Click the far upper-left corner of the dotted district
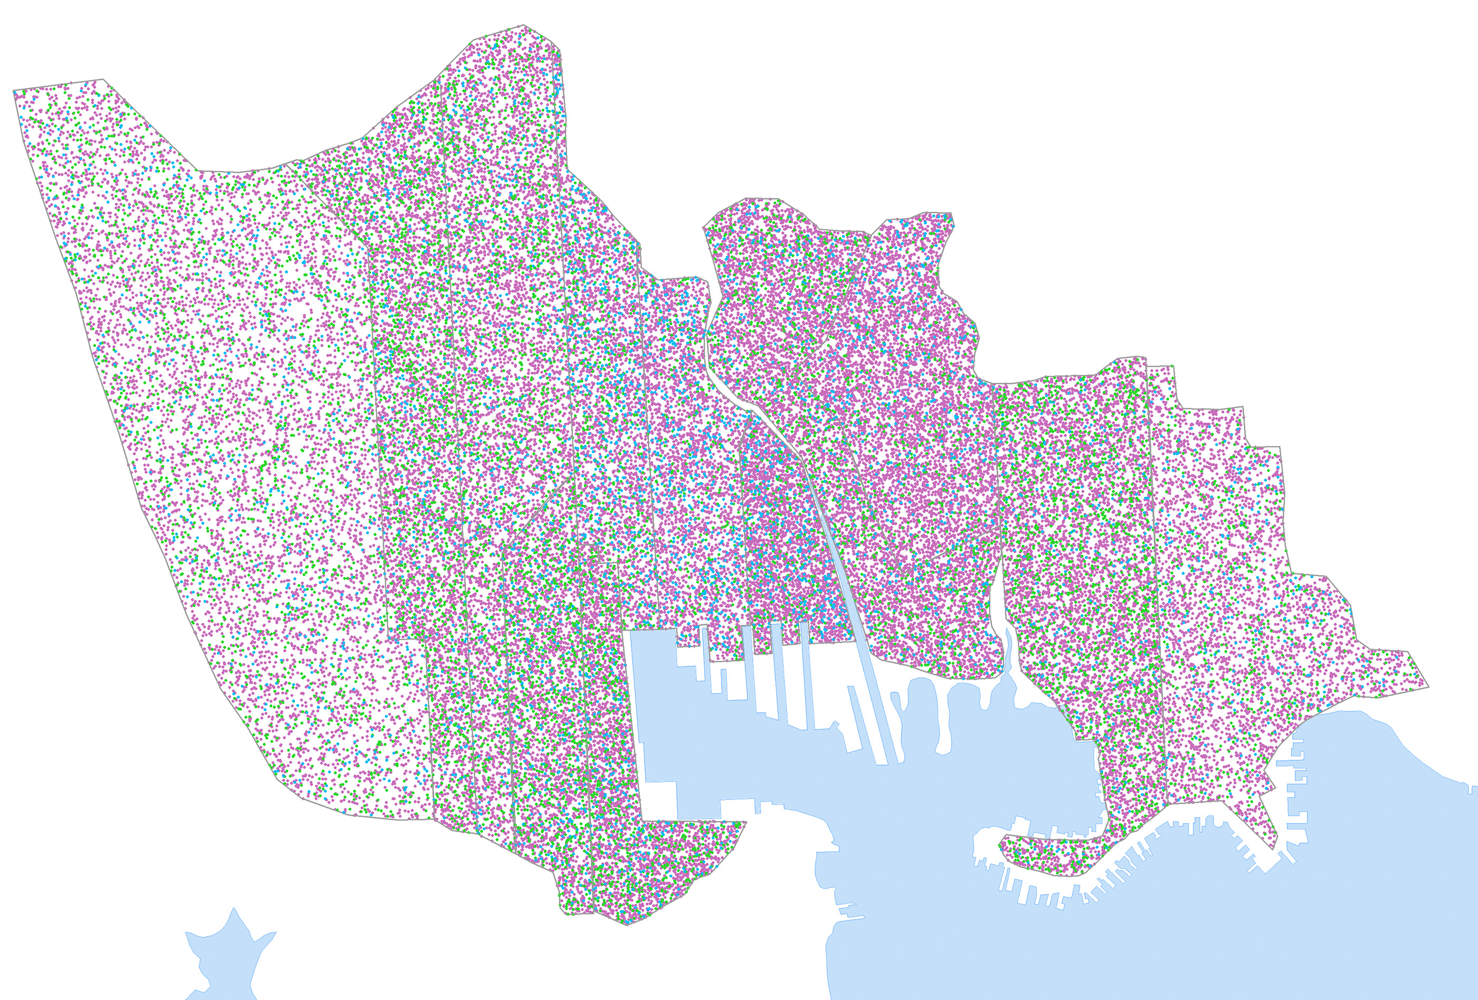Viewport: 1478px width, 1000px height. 14,91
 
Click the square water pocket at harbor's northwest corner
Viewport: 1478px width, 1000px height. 652,649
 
